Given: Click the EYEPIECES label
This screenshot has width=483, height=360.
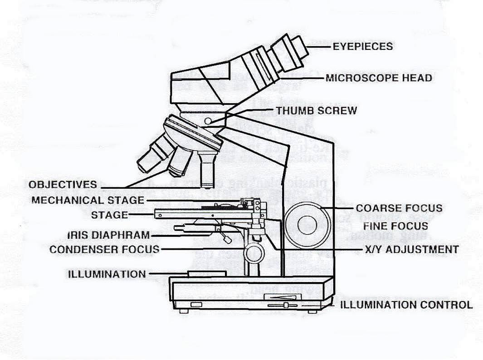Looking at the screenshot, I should point(363,46).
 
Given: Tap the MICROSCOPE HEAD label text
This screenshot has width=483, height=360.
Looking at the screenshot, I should point(379,78).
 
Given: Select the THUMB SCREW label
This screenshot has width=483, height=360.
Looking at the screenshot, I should point(316,110).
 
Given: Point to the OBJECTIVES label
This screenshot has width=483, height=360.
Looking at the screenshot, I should point(63,185).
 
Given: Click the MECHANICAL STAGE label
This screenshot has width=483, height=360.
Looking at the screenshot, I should point(88,200).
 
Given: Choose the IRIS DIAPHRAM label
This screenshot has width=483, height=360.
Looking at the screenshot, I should point(108,235).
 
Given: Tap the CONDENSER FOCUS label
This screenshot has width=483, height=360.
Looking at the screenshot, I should point(104,249).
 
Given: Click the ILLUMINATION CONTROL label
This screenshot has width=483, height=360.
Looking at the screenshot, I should point(406,305).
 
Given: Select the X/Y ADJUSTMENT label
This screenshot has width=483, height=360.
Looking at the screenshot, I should point(411,249).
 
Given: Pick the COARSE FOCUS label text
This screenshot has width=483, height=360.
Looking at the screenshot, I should point(399,208).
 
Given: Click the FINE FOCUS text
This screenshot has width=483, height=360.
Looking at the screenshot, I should point(396,225).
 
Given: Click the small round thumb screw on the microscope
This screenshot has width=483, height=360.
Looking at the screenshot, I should point(208,121).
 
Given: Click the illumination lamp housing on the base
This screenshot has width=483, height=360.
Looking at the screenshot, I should point(207,274).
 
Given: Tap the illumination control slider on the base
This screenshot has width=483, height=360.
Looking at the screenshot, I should point(286,305).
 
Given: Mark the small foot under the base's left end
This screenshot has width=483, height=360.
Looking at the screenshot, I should point(183,311).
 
